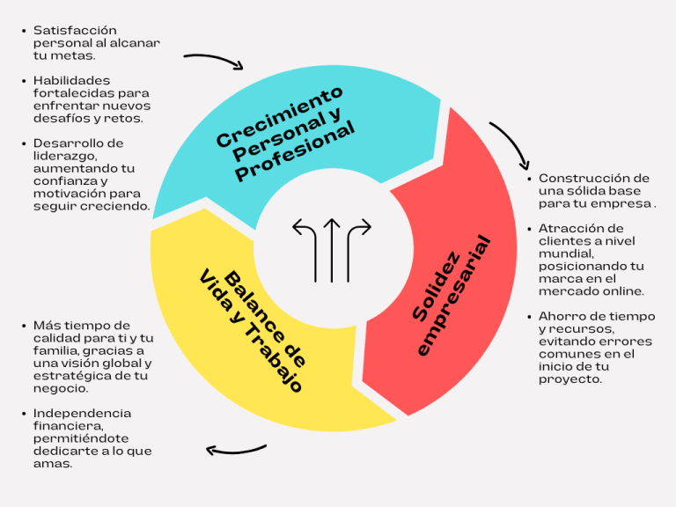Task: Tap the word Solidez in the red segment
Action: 436,287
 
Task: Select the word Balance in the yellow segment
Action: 264,318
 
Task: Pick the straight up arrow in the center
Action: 332,250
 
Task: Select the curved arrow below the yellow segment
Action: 236,451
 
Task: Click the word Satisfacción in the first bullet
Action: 75,31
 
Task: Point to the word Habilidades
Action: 71,81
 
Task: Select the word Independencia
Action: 83,414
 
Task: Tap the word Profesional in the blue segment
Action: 296,151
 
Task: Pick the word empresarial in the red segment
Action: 453,296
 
